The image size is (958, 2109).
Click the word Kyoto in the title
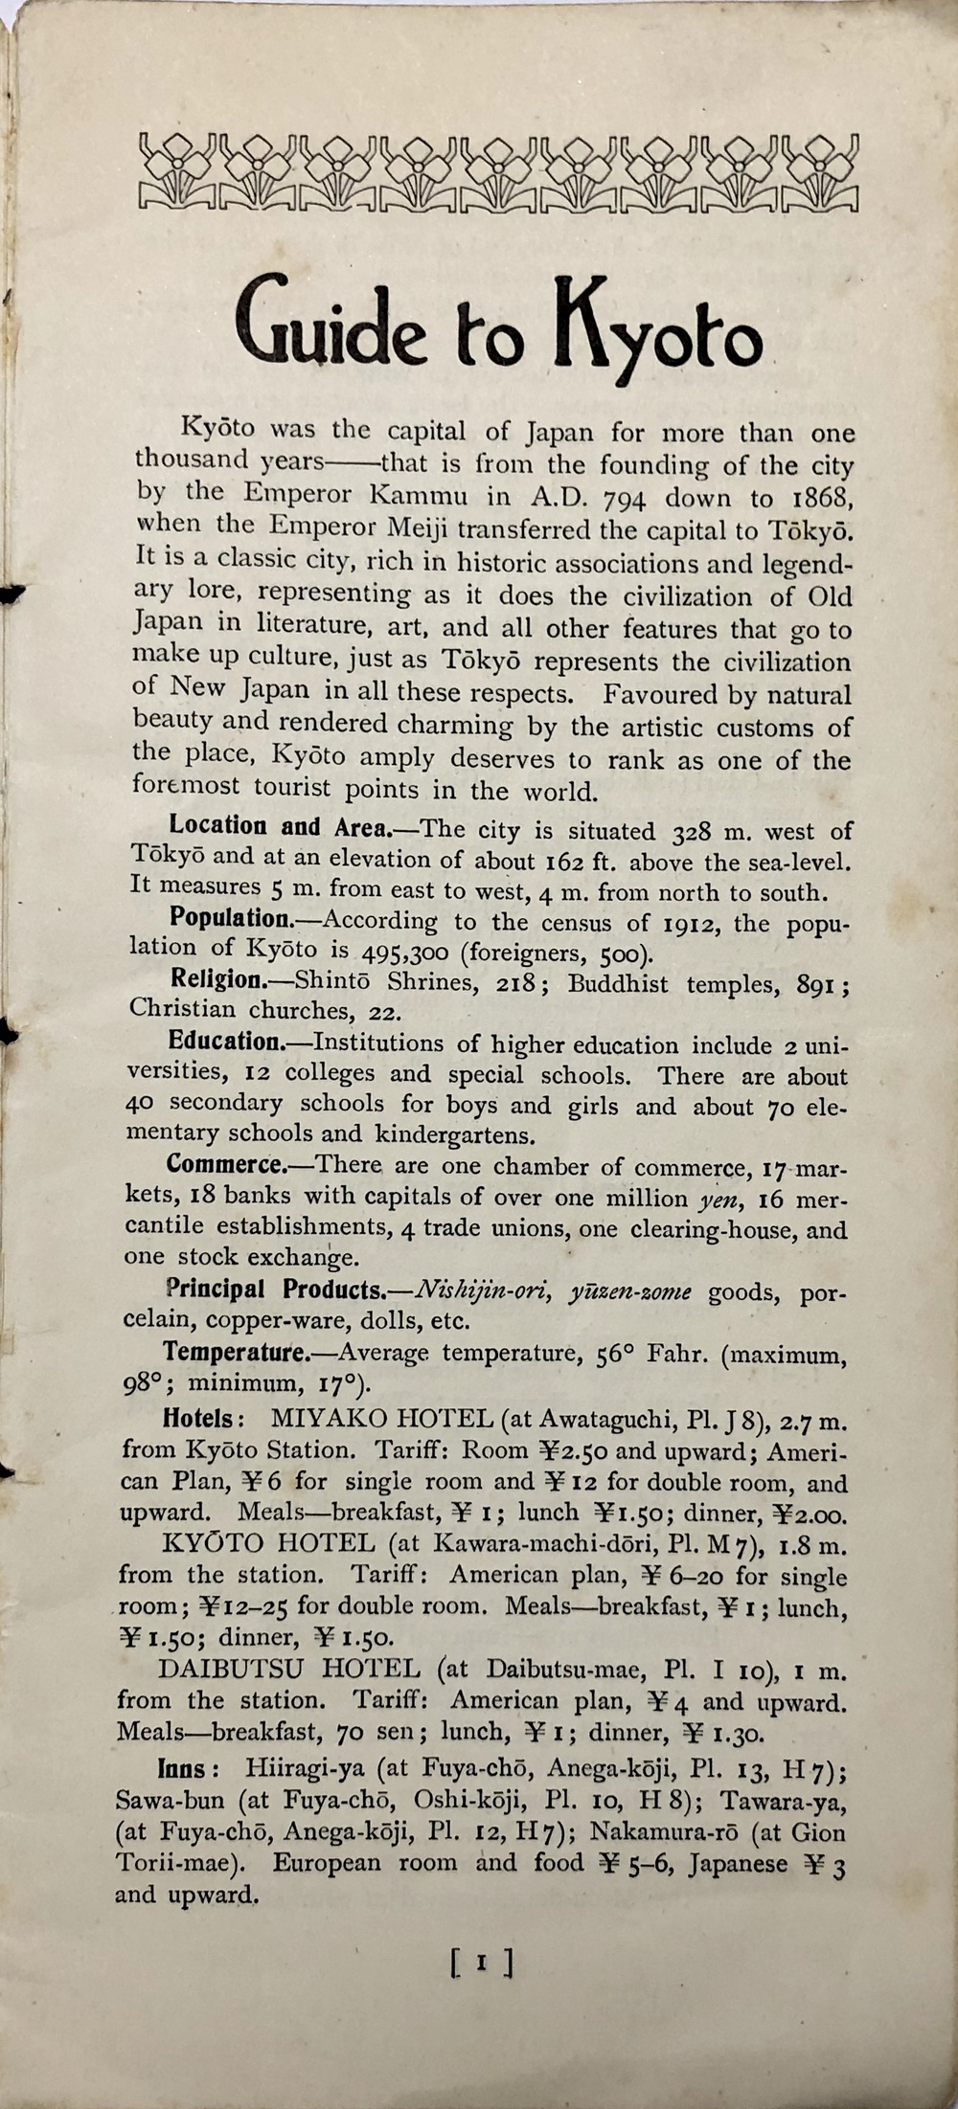point(660,330)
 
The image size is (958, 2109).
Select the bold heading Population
point(230,918)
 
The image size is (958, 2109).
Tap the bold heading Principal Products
point(276,1290)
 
